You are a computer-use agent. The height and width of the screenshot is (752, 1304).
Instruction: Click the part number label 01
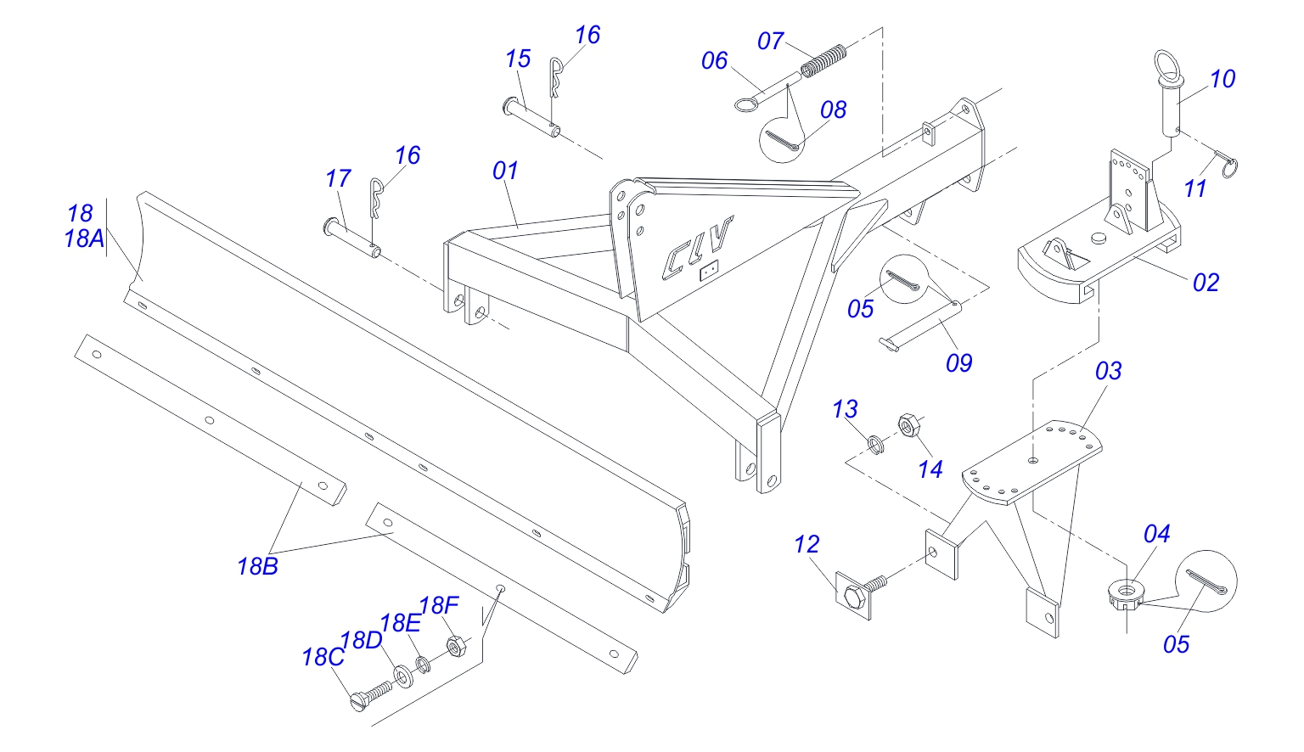pyautogui.click(x=505, y=171)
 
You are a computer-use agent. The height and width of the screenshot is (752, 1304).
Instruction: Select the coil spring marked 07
pyautogui.click(x=824, y=59)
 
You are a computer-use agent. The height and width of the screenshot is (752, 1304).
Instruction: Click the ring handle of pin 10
pyautogui.click(x=1167, y=65)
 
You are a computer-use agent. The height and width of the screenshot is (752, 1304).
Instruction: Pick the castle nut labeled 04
pyautogui.click(x=1125, y=593)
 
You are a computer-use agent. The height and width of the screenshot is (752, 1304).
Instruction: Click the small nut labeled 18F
pyautogui.click(x=455, y=647)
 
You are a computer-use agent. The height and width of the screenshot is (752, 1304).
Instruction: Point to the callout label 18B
pyautogui.click(x=257, y=566)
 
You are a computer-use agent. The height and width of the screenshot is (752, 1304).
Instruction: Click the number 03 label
pyautogui.click(x=1108, y=371)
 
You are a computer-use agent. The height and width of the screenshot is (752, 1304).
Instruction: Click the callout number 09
pyautogui.click(x=958, y=363)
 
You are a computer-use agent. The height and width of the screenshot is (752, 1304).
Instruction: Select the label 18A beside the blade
pyautogui.click(x=83, y=239)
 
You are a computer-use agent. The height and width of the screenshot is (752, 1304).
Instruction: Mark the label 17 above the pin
pyautogui.click(x=338, y=179)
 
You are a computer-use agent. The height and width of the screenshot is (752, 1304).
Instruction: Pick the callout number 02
pyautogui.click(x=1206, y=283)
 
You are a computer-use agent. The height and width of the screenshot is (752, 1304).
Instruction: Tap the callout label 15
pyautogui.click(x=518, y=59)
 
